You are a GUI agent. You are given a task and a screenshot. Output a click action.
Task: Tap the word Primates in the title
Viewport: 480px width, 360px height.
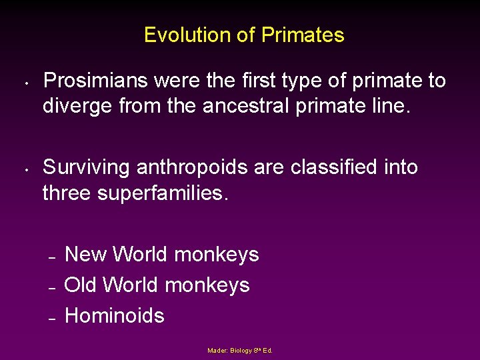(x=303, y=35)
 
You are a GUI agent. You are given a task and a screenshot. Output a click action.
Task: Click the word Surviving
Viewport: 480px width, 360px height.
(x=87, y=167)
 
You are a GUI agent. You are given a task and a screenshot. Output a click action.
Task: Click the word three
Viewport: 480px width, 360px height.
(x=69, y=193)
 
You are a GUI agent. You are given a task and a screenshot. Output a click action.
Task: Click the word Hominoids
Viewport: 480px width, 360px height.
(x=114, y=315)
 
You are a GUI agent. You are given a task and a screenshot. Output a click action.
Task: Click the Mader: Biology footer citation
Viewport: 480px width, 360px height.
(x=240, y=351)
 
